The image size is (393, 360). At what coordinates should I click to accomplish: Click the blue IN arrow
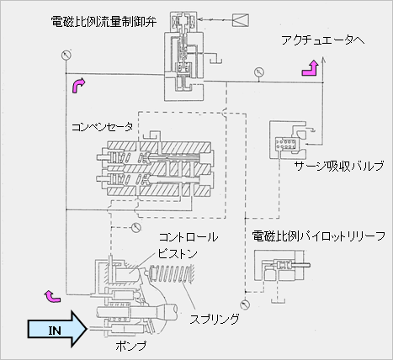click(57, 329)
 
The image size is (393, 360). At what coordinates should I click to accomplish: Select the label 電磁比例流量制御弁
click(104, 21)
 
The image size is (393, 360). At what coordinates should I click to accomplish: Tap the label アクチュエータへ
click(323, 40)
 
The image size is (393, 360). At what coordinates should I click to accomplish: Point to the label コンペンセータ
click(103, 127)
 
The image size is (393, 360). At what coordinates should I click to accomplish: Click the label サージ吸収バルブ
click(339, 166)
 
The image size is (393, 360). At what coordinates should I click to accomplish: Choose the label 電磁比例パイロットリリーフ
click(318, 236)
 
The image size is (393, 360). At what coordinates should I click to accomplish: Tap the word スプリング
click(215, 319)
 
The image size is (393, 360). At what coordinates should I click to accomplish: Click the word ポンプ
click(131, 346)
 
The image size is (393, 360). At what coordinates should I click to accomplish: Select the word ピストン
click(178, 254)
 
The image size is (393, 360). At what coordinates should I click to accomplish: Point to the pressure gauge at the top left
click(66, 55)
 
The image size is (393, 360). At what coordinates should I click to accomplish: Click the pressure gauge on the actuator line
click(259, 72)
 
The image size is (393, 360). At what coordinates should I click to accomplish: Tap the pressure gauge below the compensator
click(136, 227)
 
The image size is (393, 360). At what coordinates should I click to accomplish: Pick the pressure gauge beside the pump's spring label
click(245, 304)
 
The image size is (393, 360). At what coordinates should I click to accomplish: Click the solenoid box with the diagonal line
click(241, 20)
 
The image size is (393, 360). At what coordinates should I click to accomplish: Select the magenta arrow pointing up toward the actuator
click(311, 68)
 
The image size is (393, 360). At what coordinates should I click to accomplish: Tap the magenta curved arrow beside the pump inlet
click(52, 297)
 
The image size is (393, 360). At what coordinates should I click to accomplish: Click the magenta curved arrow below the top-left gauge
click(79, 86)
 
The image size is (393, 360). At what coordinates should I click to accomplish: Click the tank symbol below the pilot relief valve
click(279, 301)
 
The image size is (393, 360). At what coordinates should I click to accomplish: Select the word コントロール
click(189, 237)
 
